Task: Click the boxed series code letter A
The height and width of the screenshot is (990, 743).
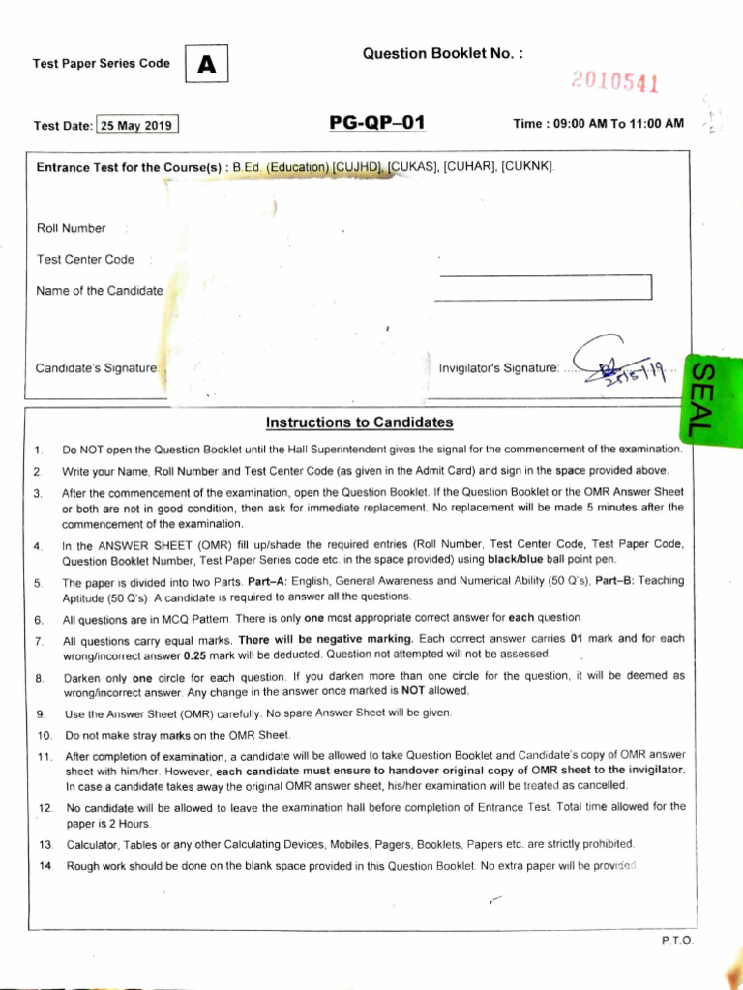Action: click(206, 65)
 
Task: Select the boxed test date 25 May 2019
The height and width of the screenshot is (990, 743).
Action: click(137, 125)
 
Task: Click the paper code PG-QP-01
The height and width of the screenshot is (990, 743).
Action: click(376, 123)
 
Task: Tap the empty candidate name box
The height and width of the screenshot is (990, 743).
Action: click(543, 287)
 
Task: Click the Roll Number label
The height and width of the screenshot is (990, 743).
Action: click(71, 228)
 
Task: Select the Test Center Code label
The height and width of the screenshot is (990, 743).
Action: click(85, 259)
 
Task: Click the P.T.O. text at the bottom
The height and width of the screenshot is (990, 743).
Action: click(677, 940)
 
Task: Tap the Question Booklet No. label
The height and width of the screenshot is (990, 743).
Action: click(442, 54)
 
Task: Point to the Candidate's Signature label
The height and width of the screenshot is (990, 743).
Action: click(97, 367)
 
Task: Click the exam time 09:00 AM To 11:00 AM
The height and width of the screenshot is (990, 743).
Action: click(599, 124)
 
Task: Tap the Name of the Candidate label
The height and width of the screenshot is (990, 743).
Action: click(100, 290)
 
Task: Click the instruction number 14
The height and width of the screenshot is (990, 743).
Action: click(45, 866)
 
